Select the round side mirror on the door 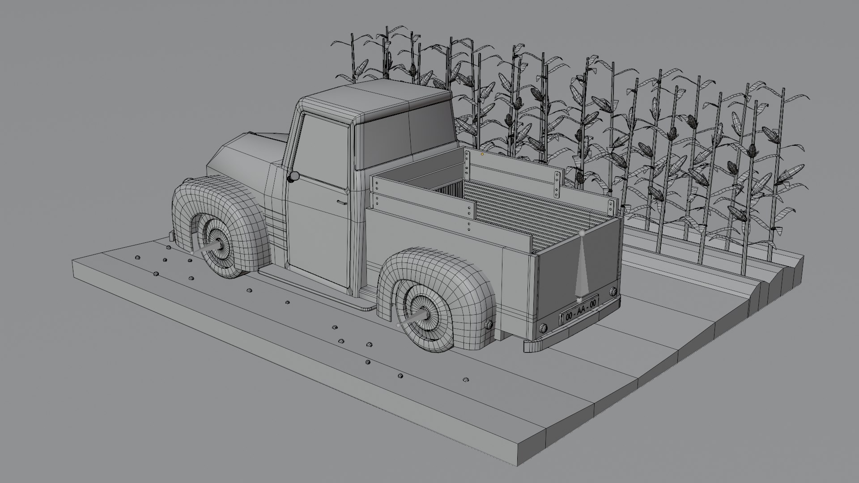(293, 177)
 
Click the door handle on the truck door (342, 203)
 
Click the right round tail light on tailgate (612, 292)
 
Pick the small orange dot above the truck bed (482, 154)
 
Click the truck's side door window (322, 148)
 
